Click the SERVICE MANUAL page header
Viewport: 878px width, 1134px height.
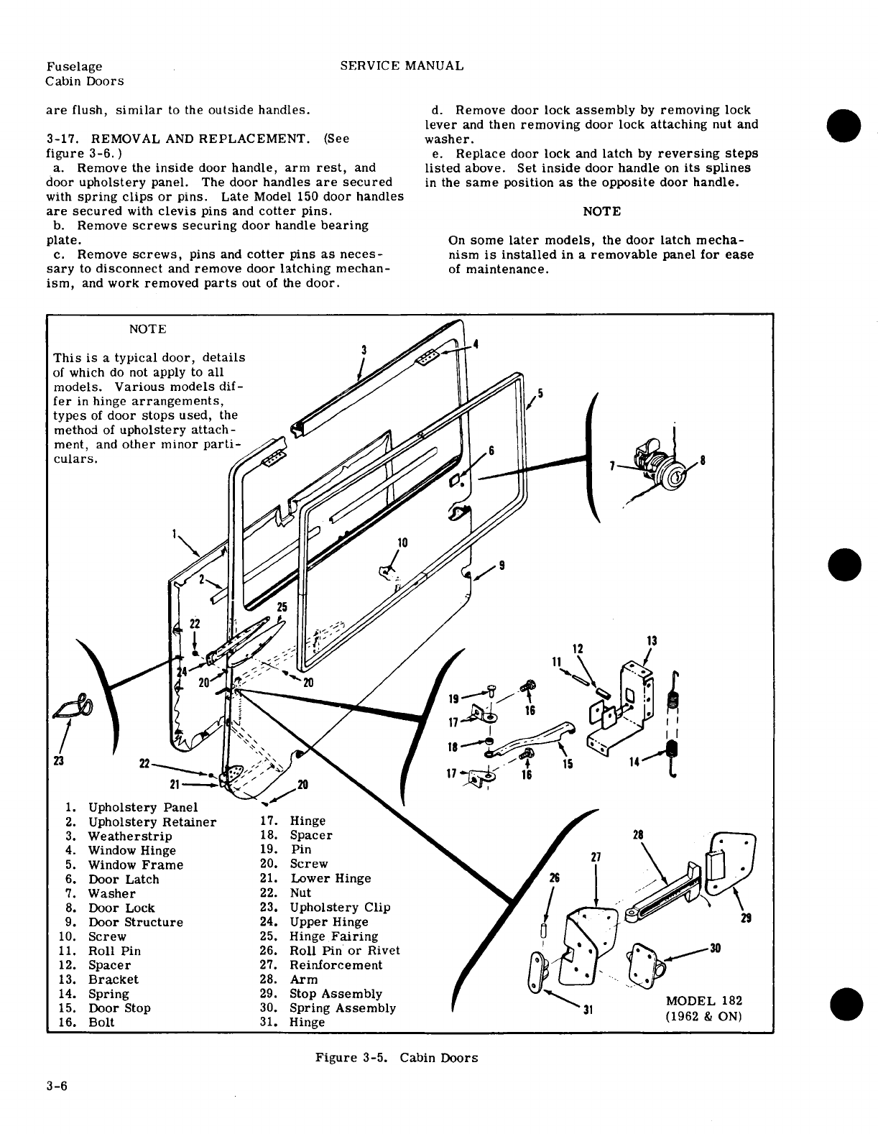[402, 65]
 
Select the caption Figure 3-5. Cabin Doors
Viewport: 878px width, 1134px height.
[396, 1057]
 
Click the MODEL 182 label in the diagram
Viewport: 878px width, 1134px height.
[704, 1001]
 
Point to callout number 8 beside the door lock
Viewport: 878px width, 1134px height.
[702, 461]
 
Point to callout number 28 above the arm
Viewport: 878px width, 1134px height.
[637, 834]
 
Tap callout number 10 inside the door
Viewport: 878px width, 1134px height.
[402, 543]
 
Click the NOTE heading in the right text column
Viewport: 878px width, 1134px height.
[601, 211]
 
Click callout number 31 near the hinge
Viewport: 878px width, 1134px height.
[587, 1010]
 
